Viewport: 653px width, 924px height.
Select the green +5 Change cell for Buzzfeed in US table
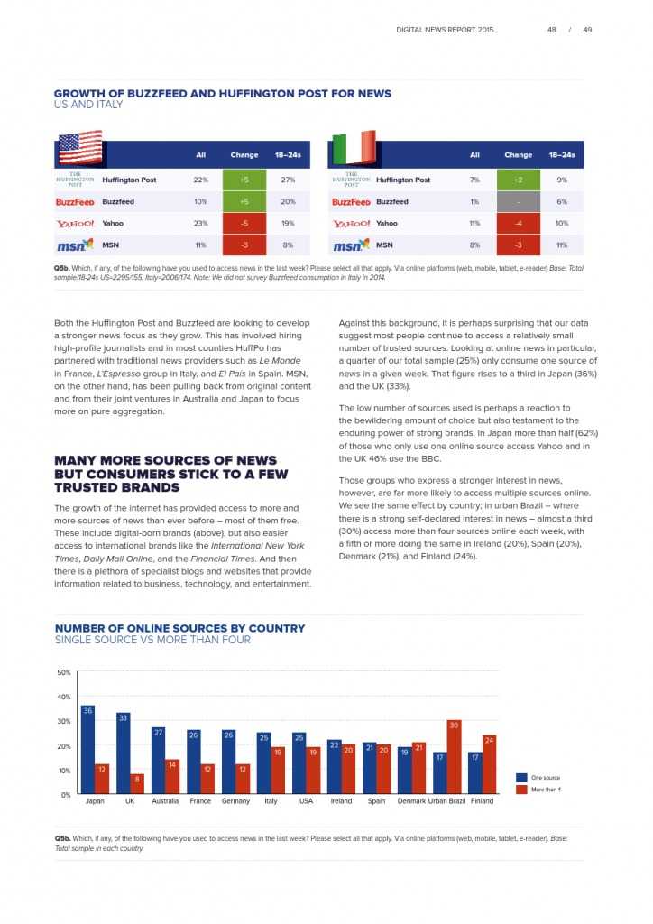[x=244, y=202]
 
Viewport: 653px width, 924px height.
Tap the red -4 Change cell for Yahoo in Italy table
[x=518, y=224]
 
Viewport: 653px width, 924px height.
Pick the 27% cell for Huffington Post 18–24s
[x=288, y=180]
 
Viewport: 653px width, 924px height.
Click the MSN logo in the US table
[x=75, y=245]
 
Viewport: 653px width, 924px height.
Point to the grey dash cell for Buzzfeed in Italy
[x=518, y=202]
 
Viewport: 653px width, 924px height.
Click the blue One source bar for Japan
[x=87, y=750]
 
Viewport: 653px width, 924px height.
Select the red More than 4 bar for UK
[x=137, y=784]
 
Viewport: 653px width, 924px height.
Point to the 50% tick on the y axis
[x=64, y=673]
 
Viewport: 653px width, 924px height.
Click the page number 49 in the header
[x=587, y=30]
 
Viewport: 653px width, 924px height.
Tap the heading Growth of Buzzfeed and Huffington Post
[x=223, y=94]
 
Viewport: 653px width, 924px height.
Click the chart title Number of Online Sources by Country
[x=180, y=628]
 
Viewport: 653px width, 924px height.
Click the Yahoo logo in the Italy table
[x=351, y=224]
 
